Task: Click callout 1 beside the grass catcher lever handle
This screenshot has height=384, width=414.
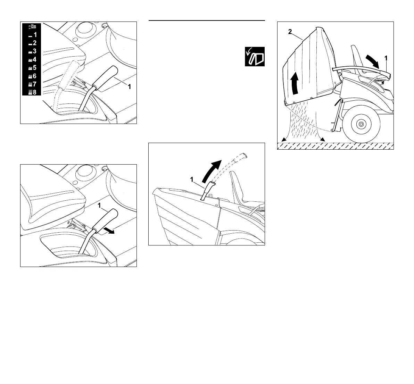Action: tap(192, 179)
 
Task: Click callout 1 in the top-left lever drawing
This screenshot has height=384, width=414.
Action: tap(129, 87)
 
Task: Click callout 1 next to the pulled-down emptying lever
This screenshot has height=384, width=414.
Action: tap(386, 58)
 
